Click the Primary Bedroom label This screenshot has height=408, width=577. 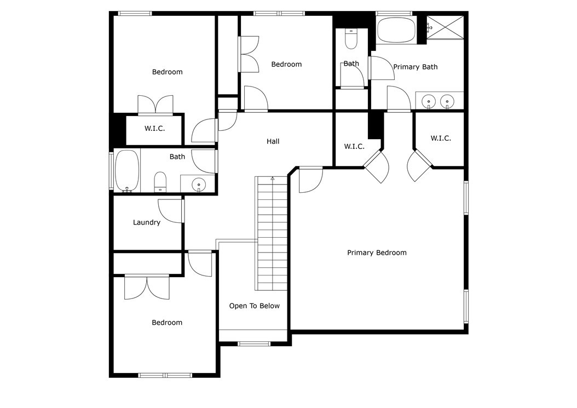pyautogui.click(x=377, y=253)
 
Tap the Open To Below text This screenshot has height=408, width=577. pyautogui.click(x=254, y=306)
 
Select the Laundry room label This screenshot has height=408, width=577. pyautogui.click(x=147, y=223)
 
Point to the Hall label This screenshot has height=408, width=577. pyautogui.click(x=273, y=142)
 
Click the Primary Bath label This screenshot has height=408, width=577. pyautogui.click(x=416, y=67)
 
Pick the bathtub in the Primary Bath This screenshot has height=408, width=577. pyautogui.click(x=396, y=30)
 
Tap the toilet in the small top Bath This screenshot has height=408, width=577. pyautogui.click(x=351, y=39)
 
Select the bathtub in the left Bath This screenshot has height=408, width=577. pyautogui.click(x=127, y=170)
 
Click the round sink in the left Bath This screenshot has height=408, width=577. pyautogui.click(x=198, y=185)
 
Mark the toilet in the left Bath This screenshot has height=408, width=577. pyautogui.click(x=160, y=182)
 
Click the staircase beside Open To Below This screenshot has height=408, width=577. pyautogui.click(x=272, y=233)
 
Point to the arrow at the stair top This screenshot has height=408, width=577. pyautogui.click(x=272, y=179)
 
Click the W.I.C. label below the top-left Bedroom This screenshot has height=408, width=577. pyautogui.click(x=154, y=129)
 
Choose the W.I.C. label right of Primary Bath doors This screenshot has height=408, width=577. pyautogui.click(x=441, y=139)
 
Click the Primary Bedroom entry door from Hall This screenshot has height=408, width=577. pyautogui.click(x=310, y=179)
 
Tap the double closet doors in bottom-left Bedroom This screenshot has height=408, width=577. pyautogui.click(x=147, y=286)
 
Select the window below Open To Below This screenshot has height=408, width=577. pyautogui.click(x=254, y=344)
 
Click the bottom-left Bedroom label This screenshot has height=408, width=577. pyautogui.click(x=167, y=323)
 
